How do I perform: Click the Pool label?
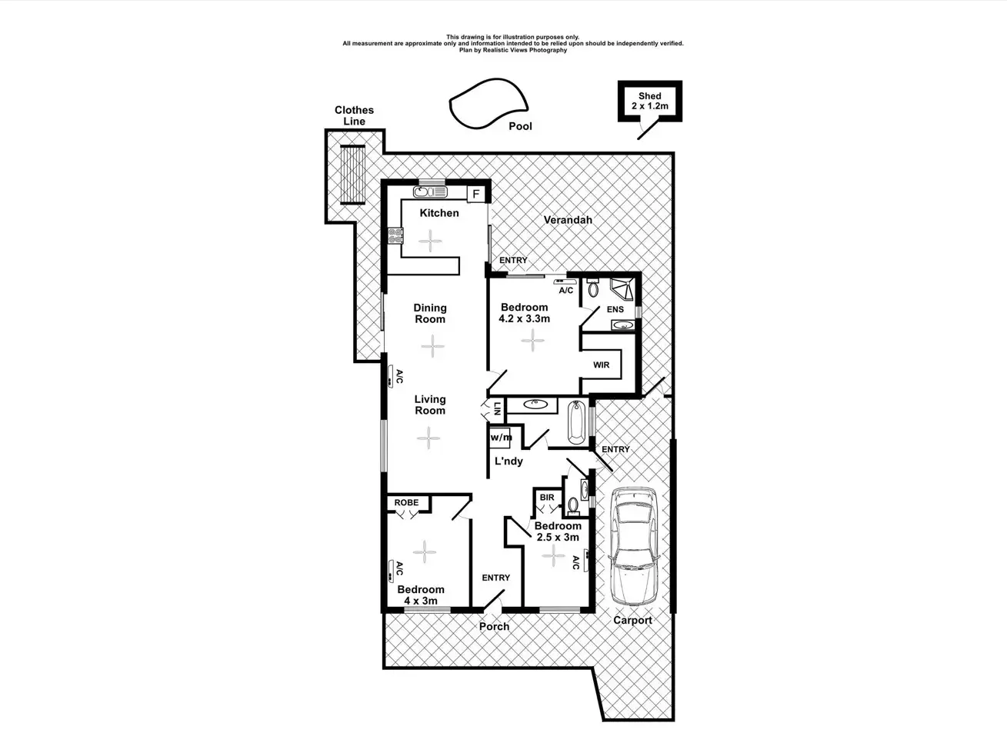pyautogui.click(x=520, y=126)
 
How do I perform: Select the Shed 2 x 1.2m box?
pyautogui.click(x=650, y=102)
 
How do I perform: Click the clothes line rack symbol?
pyautogui.click(x=354, y=174)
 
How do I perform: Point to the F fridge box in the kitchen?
pyautogui.click(x=476, y=194)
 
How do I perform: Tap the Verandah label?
pyautogui.click(x=568, y=220)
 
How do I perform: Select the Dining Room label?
pyautogui.click(x=430, y=313)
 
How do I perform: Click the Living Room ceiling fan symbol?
pyautogui.click(x=428, y=438)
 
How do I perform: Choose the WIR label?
pyautogui.click(x=601, y=365)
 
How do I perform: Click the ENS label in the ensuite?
pyautogui.click(x=615, y=309)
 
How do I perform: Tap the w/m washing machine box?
pyautogui.click(x=501, y=438)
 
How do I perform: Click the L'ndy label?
pyautogui.click(x=509, y=461)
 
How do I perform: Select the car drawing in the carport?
pyautogui.click(x=633, y=547)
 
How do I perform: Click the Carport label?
pyautogui.click(x=632, y=620)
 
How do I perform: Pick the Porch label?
pyautogui.click(x=494, y=627)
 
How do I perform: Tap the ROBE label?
pyautogui.click(x=406, y=503)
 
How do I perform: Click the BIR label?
pyautogui.click(x=546, y=498)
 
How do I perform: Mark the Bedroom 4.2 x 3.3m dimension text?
pyautogui.click(x=525, y=318)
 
